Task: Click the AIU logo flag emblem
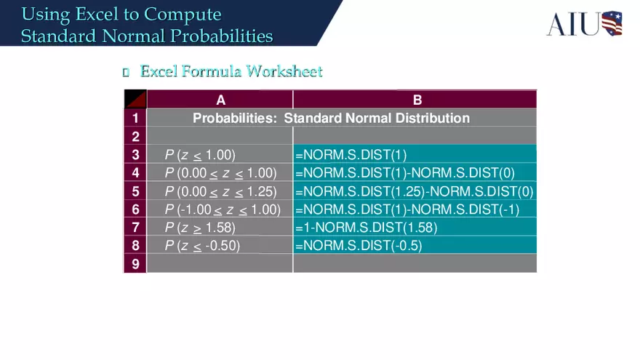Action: coord(611,23)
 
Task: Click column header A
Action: coord(220,100)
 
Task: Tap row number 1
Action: coord(135,118)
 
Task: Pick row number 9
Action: coord(135,264)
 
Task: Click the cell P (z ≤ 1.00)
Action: coord(200,154)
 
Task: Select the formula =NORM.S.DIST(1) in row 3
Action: coord(351,154)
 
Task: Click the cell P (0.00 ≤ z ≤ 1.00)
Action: coord(220,172)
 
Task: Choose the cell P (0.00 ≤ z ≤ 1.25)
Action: coord(220,191)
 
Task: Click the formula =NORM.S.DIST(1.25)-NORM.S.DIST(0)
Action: coord(414,191)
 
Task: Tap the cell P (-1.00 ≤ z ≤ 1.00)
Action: coord(223,209)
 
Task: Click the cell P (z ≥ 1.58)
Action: coord(200,228)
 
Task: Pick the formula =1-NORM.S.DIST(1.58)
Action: coord(366,228)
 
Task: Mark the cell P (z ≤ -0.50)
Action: coord(202,246)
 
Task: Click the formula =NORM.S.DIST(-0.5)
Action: coord(358,246)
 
